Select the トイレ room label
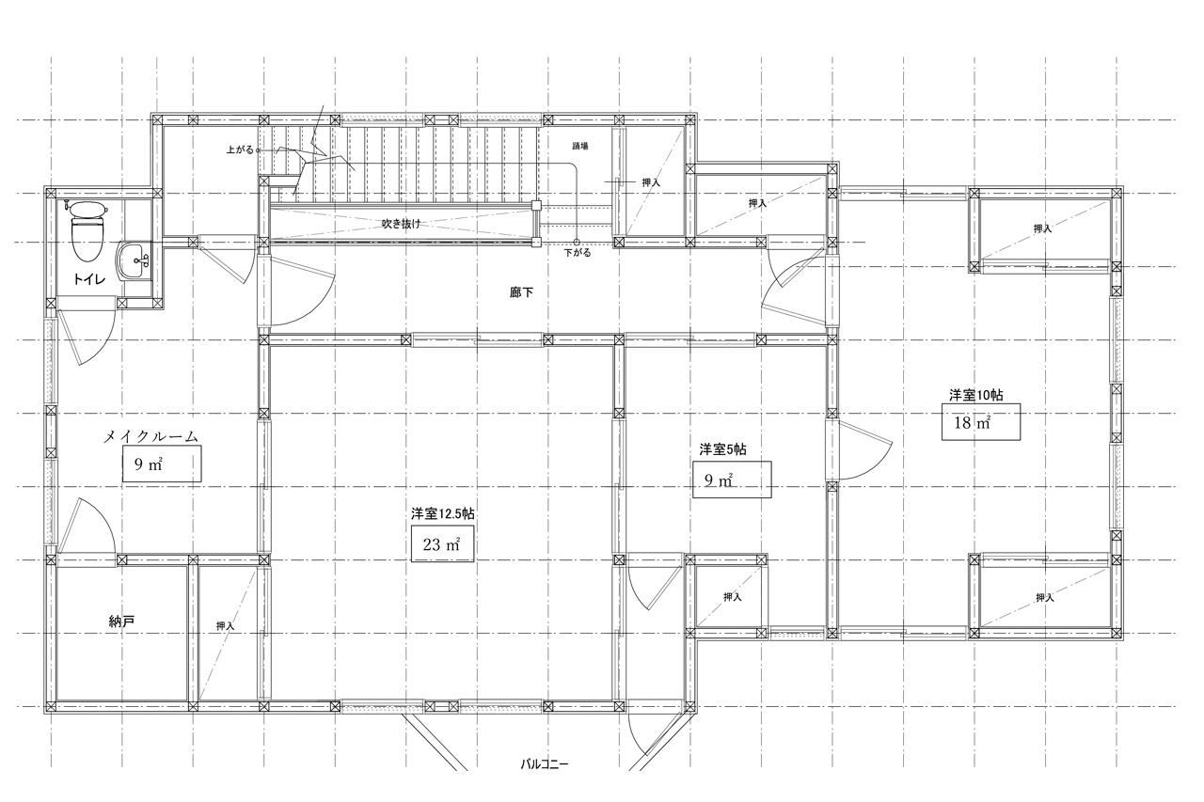tap(89, 279)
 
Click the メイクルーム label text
tap(151, 436)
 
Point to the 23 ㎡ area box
tap(442, 544)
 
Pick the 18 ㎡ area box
tap(981, 422)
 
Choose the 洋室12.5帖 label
tap(442, 514)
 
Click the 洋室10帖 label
tap(975, 396)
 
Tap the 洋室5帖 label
tap(722, 449)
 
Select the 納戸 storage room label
tap(121, 621)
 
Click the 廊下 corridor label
tap(521, 292)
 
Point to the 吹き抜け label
tap(401, 224)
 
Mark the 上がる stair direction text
tap(240, 149)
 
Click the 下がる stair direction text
tap(578, 253)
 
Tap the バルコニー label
tap(544, 764)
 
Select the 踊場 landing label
tap(580, 146)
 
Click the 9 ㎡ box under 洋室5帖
tap(732, 480)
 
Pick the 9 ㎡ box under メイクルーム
tap(162, 464)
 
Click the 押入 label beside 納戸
tap(225, 626)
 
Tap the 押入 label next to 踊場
tap(651, 182)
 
